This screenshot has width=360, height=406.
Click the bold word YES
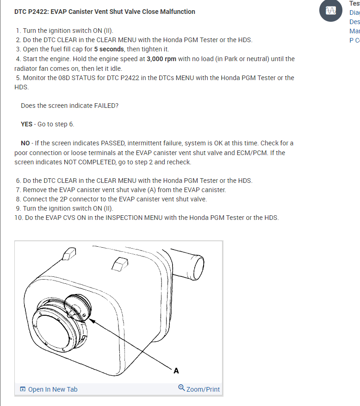(27, 124)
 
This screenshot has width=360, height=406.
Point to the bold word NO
(25, 143)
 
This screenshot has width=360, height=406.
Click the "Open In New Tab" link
(53, 389)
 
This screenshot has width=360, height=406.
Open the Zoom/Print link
(203, 389)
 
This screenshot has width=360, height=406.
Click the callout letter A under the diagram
(176, 371)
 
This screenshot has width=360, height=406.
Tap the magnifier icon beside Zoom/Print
(181, 388)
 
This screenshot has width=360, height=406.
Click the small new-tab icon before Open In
(23, 389)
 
